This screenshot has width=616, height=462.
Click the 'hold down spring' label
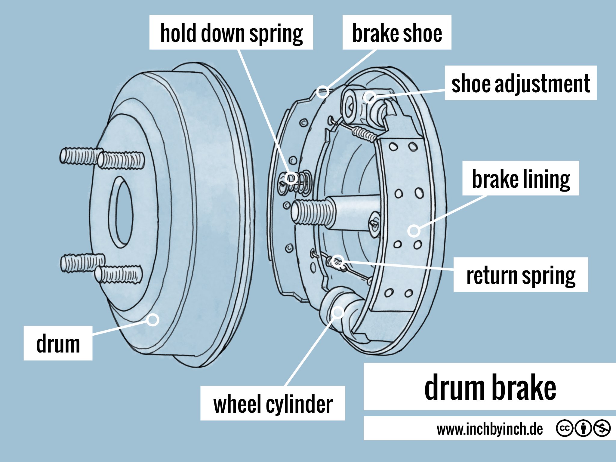231,32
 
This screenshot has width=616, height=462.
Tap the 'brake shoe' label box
397,32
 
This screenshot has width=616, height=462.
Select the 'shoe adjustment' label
520,83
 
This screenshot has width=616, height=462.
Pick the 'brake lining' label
520,178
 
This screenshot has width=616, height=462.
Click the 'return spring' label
520,275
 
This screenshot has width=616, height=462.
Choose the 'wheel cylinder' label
273,403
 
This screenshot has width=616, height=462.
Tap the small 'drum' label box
58,343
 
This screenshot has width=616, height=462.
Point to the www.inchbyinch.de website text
489,429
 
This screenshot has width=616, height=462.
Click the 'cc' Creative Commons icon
564,428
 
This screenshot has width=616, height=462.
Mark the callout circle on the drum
153,320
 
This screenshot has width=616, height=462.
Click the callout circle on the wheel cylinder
338,313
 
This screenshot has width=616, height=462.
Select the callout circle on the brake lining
414,231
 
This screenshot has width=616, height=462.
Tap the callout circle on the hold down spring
291,178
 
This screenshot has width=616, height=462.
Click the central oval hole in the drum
121,212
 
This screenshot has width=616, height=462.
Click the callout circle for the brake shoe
323,92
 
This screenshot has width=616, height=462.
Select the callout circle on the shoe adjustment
369,97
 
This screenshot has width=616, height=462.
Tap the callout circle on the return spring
338,261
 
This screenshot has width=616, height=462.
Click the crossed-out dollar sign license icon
602,428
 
